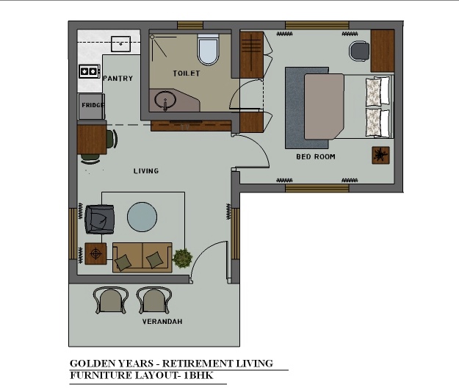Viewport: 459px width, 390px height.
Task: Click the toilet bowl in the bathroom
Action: (208, 49)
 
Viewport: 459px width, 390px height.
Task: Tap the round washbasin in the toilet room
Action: (165, 100)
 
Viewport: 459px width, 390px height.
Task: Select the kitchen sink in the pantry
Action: (120, 44)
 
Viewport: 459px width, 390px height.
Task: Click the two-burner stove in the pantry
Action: (89, 71)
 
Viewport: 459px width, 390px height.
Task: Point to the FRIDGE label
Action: (93, 105)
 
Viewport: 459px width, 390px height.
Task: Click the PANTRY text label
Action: (118, 79)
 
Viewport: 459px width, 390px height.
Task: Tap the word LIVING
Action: (146, 171)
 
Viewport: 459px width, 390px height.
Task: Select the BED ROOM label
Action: (316, 156)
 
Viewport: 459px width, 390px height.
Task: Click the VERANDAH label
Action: (162, 322)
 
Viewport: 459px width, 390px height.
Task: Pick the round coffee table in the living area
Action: (142, 217)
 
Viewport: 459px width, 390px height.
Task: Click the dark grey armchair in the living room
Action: (100, 220)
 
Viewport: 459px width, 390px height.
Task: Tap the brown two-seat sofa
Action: (142, 257)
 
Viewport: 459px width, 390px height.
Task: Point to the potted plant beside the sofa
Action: (182, 258)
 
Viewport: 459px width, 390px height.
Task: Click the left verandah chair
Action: (111, 300)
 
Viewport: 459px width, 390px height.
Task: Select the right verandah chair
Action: (154, 300)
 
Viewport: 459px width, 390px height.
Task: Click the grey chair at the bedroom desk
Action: (359, 51)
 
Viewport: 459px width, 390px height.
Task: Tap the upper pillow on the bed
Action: (377, 91)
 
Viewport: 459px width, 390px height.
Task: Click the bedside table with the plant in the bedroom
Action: (380, 155)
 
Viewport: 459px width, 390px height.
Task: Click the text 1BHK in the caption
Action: (198, 375)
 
